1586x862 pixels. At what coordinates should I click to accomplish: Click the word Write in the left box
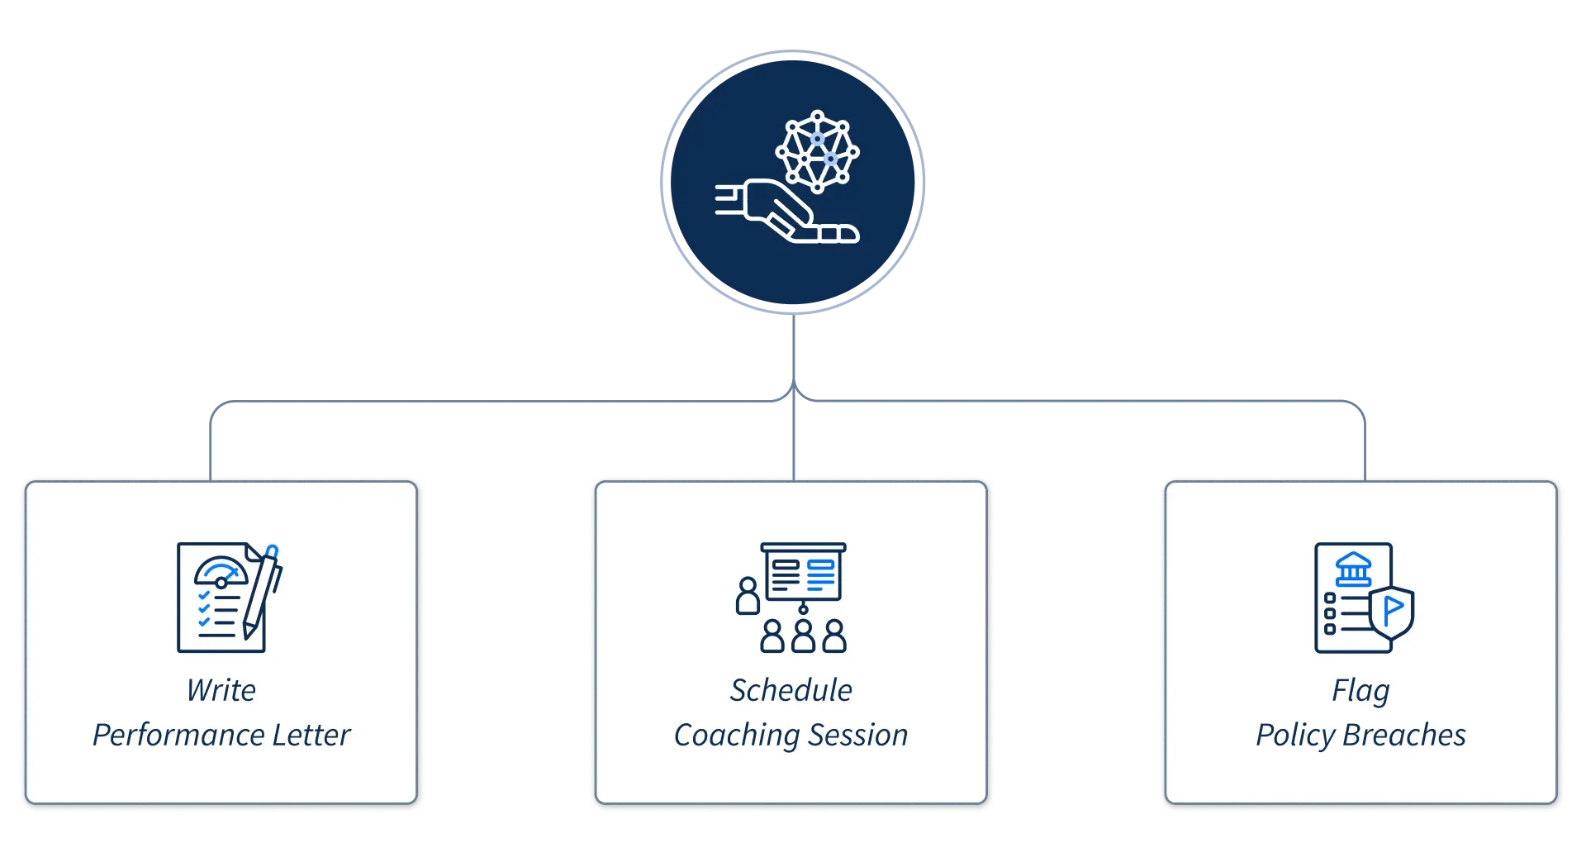[x=221, y=690]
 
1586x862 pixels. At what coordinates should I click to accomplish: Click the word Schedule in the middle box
[x=791, y=690]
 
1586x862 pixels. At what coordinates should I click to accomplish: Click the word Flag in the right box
[x=1360, y=691]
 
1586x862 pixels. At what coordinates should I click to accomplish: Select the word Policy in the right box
[x=1295, y=735]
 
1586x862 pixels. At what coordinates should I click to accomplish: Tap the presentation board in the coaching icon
[x=803, y=573]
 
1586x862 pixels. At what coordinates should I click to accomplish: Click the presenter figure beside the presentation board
[x=748, y=596]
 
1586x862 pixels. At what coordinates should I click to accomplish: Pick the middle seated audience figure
[x=803, y=636]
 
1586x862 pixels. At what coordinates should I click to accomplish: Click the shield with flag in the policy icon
[x=1392, y=612]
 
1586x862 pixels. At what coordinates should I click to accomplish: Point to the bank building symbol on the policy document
[x=1353, y=569]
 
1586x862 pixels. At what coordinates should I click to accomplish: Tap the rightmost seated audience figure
[x=834, y=636]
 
